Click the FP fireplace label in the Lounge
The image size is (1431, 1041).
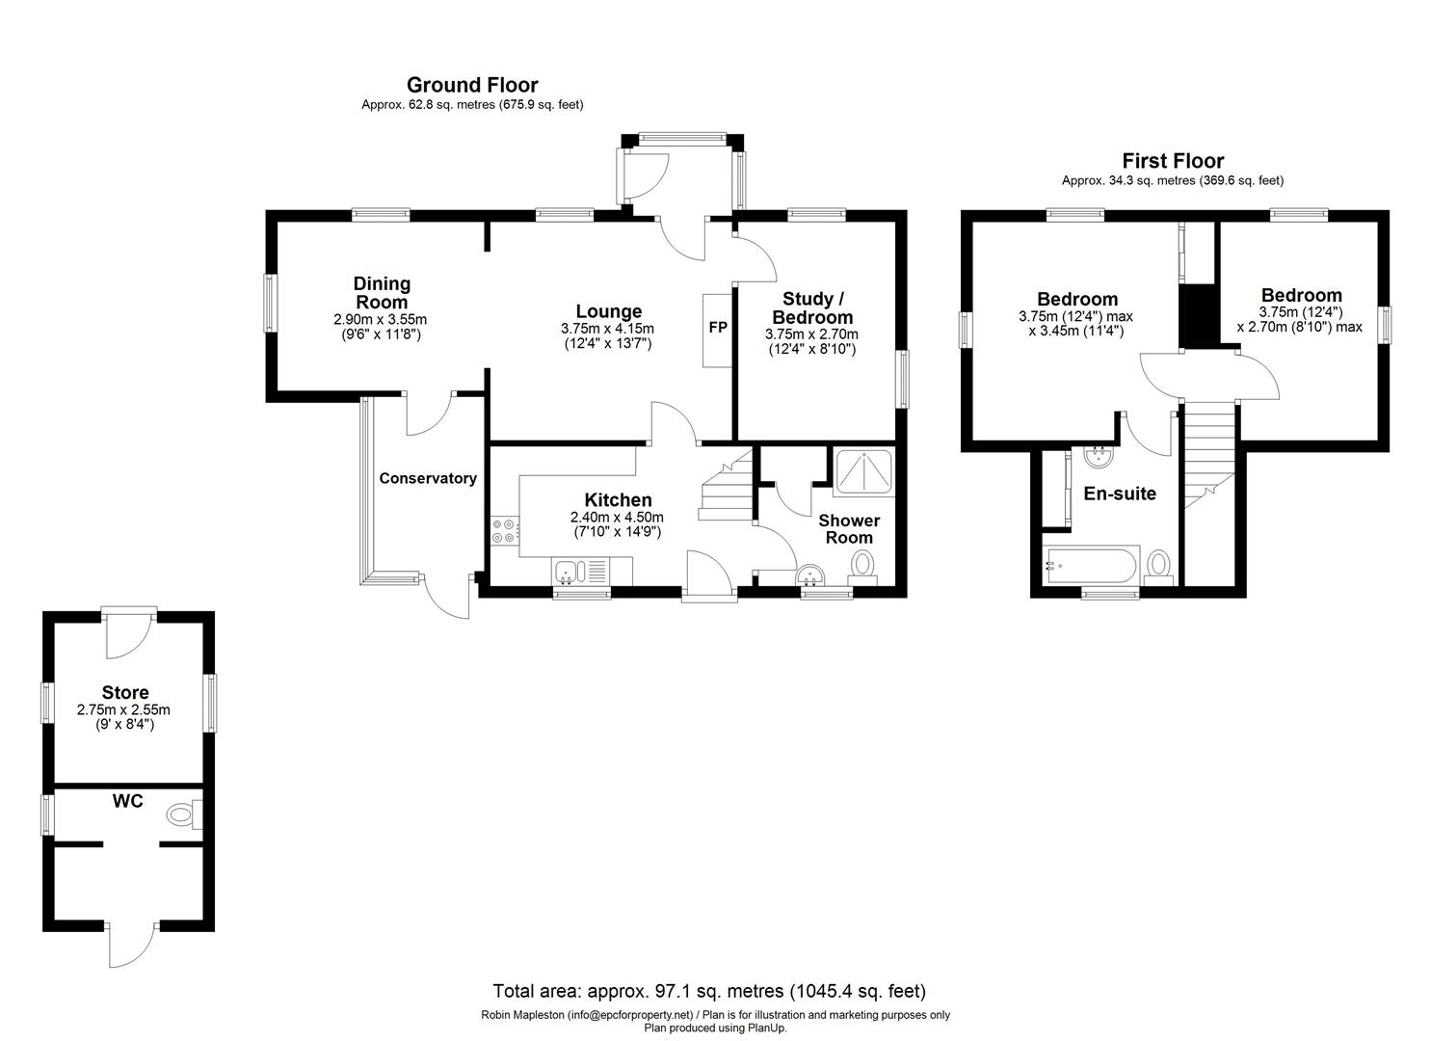(x=718, y=328)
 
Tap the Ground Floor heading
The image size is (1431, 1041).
(x=472, y=86)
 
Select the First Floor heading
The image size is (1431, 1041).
(x=1173, y=161)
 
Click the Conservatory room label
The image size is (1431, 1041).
(x=428, y=478)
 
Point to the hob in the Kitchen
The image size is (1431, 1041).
(x=504, y=529)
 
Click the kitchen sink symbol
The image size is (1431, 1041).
(x=566, y=573)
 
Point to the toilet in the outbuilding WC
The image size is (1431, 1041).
(x=183, y=815)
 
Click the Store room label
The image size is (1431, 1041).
(x=125, y=692)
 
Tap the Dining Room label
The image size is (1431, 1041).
(x=382, y=293)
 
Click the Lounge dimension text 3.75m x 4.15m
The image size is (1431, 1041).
(x=607, y=329)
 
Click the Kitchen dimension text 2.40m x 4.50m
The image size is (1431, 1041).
(x=618, y=517)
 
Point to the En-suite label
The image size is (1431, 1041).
(x=1120, y=494)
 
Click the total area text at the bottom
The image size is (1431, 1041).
(x=709, y=991)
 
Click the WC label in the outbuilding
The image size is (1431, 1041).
(x=127, y=801)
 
